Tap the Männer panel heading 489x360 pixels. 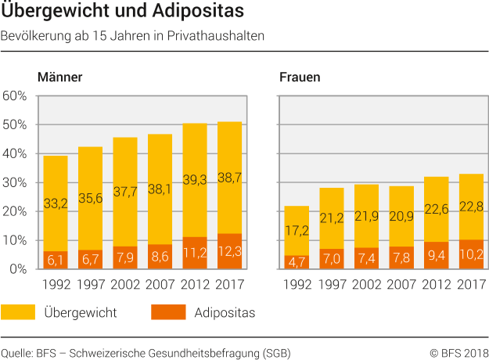(x=59, y=77)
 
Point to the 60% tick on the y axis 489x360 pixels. (x=15, y=96)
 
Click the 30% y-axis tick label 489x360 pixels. (x=15, y=182)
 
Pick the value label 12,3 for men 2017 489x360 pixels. (x=229, y=253)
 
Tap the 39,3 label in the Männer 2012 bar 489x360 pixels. (x=195, y=201)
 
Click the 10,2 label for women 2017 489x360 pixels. (x=469, y=254)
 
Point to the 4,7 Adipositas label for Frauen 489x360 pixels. (x=295, y=262)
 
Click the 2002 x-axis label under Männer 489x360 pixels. (x=125, y=283)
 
